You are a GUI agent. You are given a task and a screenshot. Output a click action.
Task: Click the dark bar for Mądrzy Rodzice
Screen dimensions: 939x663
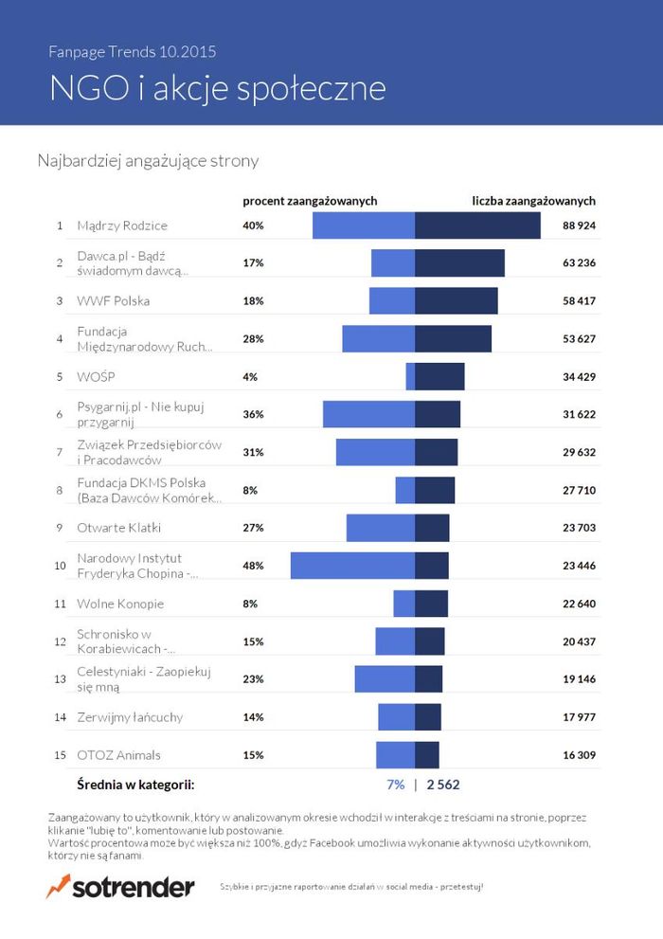(477, 226)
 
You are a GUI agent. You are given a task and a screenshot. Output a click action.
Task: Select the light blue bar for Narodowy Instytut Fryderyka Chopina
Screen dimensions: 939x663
(352, 566)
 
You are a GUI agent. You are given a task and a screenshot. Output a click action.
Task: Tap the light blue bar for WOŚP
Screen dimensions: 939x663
(410, 376)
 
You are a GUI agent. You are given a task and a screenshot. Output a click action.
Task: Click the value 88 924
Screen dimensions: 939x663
(578, 226)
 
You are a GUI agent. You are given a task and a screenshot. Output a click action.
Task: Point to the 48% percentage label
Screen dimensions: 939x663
(253, 566)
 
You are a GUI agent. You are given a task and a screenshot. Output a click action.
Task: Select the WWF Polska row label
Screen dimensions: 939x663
(113, 301)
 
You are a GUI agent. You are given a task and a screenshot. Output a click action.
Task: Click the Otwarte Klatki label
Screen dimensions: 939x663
(118, 528)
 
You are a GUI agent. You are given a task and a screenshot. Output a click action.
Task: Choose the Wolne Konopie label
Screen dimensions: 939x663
(120, 604)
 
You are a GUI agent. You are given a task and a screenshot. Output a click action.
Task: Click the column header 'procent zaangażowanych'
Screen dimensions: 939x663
(310, 201)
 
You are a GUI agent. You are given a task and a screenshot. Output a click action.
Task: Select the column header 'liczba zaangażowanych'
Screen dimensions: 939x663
(533, 201)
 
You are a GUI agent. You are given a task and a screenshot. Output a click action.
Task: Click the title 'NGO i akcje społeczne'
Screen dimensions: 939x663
(218, 87)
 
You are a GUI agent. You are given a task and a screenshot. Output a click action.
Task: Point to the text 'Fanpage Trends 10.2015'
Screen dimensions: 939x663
(138, 51)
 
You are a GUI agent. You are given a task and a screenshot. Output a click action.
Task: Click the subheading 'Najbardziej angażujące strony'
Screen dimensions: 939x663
(148, 161)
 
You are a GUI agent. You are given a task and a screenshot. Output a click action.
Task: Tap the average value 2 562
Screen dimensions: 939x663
(443, 785)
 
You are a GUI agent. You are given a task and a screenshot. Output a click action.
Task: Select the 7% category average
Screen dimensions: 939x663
(395, 785)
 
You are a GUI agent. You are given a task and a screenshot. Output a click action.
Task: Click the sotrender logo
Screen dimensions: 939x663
(120, 887)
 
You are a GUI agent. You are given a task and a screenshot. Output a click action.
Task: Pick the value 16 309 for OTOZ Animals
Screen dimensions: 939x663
(578, 755)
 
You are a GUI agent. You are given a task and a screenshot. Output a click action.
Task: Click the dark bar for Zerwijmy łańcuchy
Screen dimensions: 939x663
(428, 717)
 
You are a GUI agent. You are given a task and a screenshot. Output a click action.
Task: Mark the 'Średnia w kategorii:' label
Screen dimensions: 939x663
(135, 785)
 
